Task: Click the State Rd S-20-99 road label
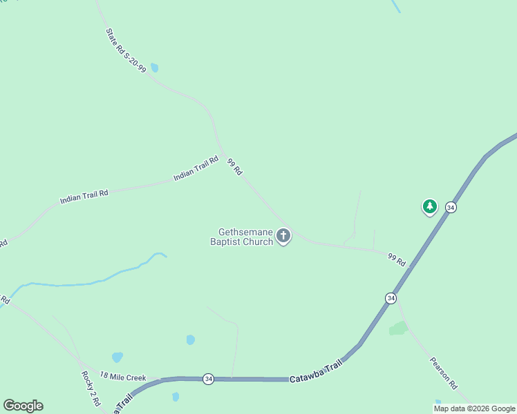coord(126,50)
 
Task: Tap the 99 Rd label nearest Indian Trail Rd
coord(235,166)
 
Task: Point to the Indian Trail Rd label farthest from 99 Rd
coord(84,197)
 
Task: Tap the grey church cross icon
coord(283,236)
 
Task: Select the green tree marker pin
coord(430,206)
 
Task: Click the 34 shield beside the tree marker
coord(451,207)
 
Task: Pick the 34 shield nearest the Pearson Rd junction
coord(391,298)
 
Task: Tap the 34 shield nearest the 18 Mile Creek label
coord(208,379)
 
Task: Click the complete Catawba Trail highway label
coord(316,373)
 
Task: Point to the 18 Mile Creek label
coord(123,377)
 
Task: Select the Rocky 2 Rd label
coord(91,388)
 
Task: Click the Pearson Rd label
coord(444,373)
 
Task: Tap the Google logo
coord(23,406)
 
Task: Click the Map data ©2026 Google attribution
coord(474,408)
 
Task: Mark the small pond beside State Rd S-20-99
coord(154,68)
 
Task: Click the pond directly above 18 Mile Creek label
coord(117,357)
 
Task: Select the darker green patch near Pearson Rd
coord(398,328)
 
